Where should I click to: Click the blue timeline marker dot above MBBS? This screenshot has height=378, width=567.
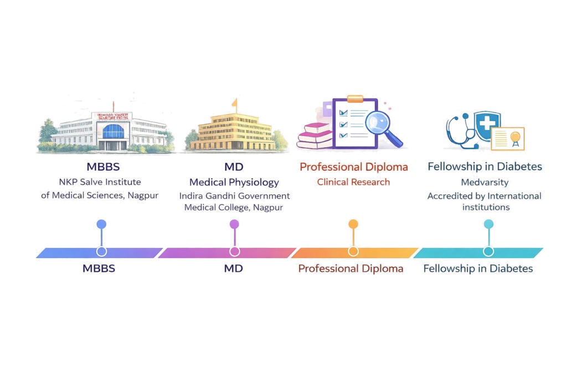101,224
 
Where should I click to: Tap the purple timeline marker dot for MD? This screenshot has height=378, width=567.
234,224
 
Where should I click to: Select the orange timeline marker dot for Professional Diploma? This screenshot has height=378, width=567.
353,224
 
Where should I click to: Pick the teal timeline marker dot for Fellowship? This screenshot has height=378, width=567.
488,224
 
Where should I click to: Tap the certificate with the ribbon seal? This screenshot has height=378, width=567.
507,139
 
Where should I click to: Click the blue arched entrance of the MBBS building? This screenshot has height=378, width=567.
113,132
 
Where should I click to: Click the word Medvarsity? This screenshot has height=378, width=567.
484,182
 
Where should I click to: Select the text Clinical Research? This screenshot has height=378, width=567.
353,182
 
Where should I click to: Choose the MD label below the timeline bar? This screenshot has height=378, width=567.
234,269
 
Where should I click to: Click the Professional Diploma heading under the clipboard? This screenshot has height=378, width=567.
353,167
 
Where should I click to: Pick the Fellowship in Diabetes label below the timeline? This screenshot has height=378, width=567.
478,269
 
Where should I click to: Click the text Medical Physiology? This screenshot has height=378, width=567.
234,182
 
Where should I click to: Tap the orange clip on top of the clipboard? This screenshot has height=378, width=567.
354,99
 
